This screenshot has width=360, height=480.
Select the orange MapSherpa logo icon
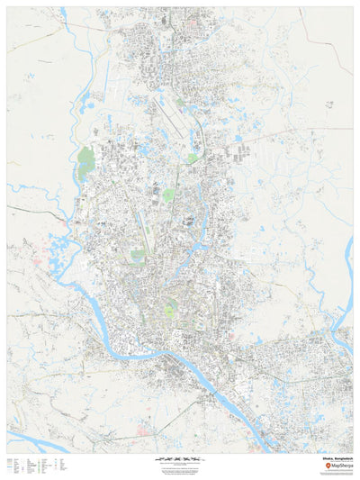[x=311, y=465]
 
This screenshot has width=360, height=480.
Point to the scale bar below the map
[x=180, y=458]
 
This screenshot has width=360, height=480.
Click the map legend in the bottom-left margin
[x=36, y=466]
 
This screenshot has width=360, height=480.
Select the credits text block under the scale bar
[x=180, y=468]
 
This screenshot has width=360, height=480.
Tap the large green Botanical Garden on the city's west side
[x=86, y=158]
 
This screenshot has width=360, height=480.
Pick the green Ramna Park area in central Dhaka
[x=169, y=312]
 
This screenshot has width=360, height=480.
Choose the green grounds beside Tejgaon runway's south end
[x=138, y=256]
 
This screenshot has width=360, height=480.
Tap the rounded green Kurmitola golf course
[x=167, y=195]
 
